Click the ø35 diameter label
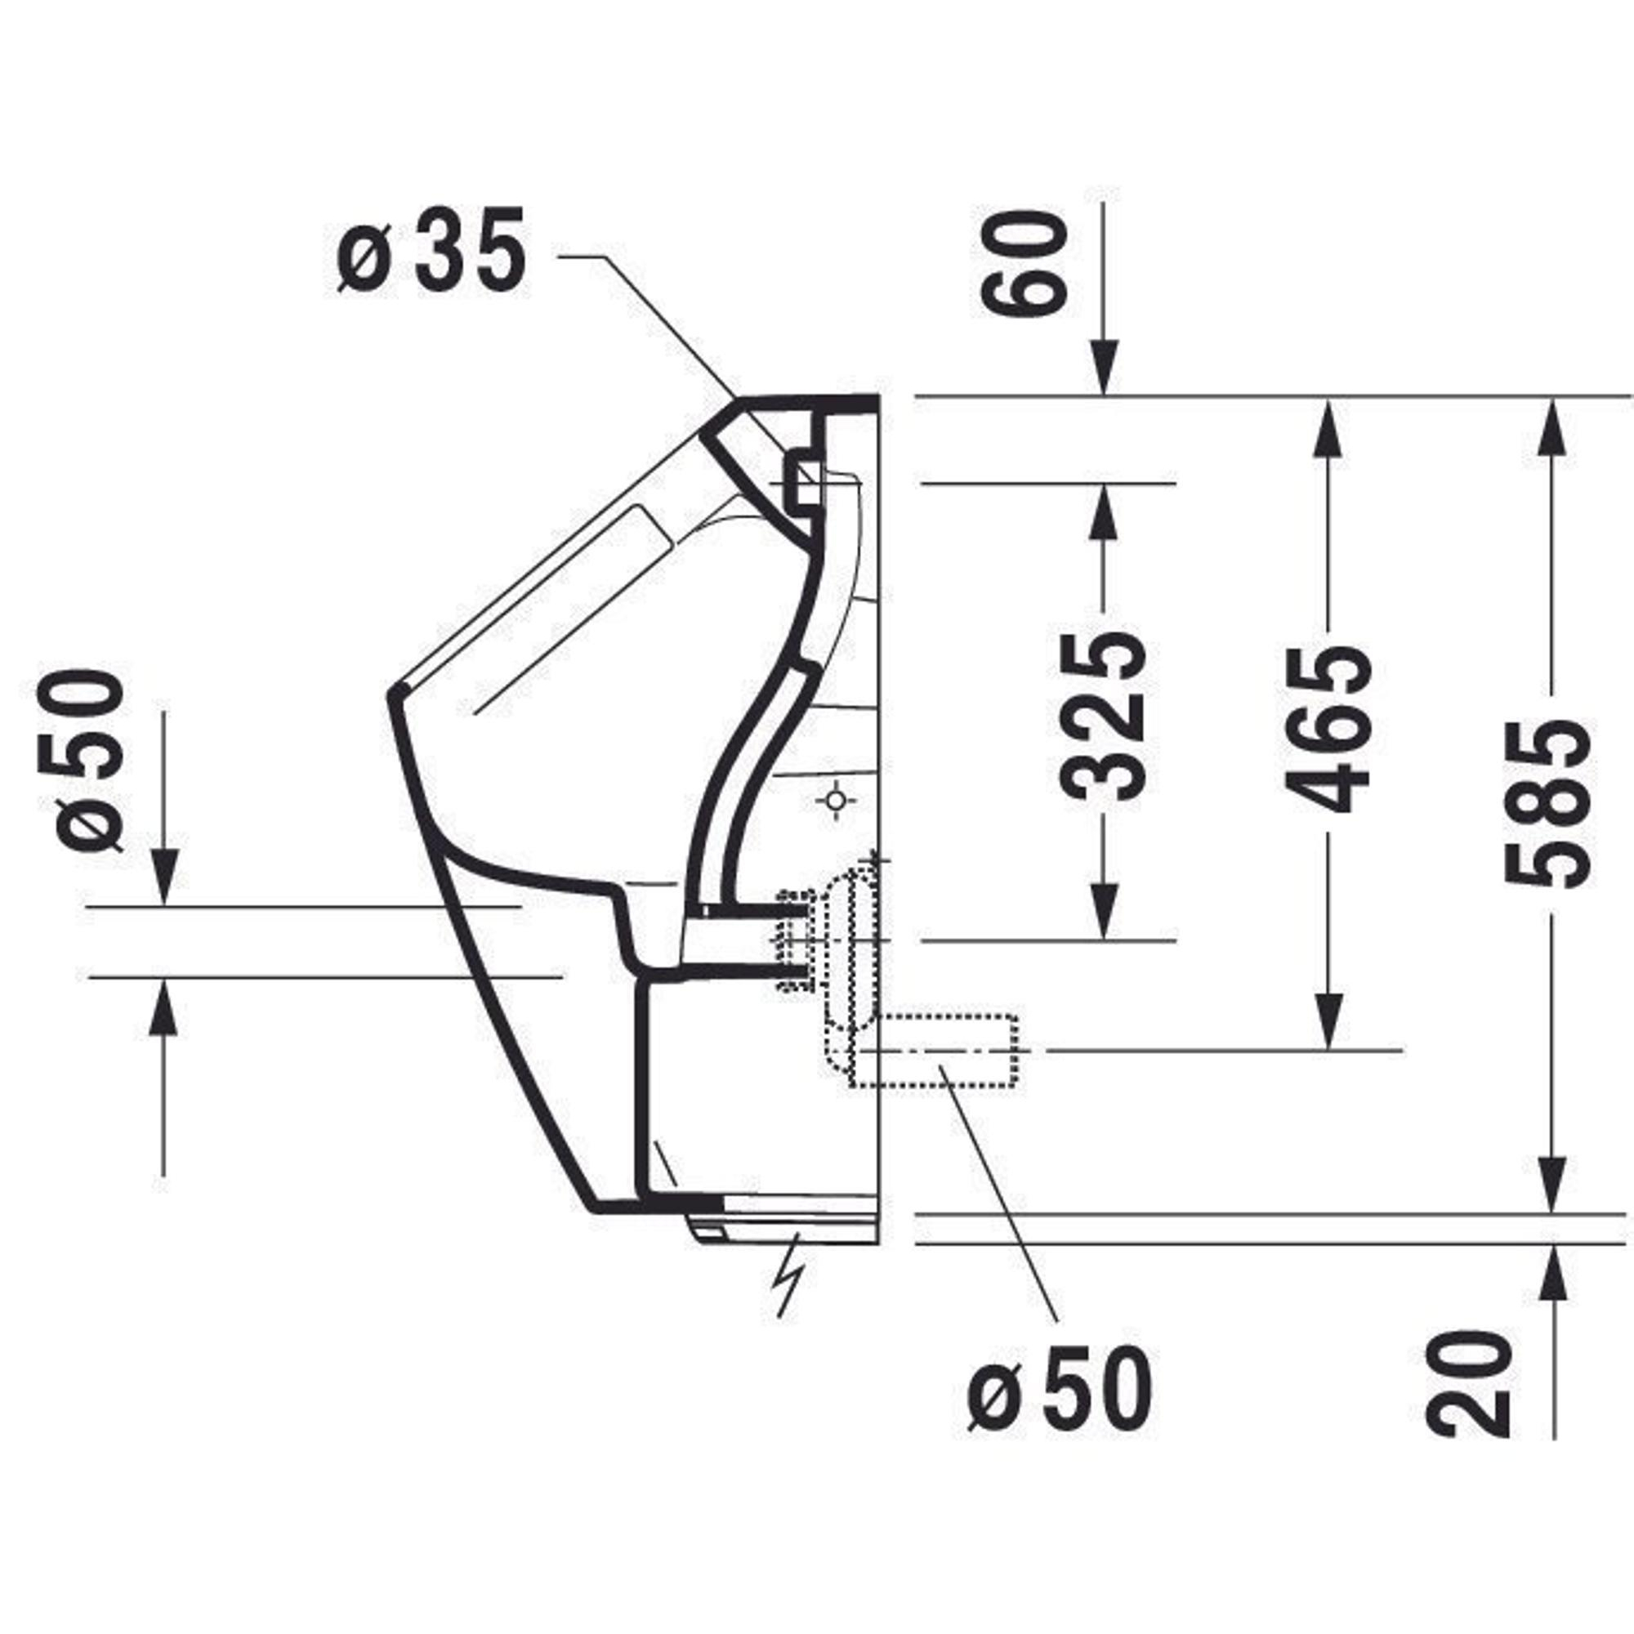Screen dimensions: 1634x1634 [x=431, y=251]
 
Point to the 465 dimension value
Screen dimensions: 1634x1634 [x=1327, y=728]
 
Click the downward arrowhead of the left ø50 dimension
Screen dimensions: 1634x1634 [x=164, y=878]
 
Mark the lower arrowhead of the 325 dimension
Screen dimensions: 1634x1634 [x=1104, y=912]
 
